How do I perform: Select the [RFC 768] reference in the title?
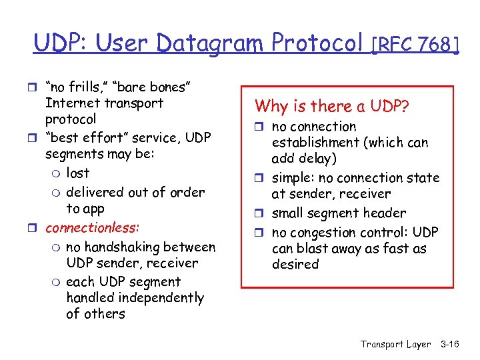(415, 45)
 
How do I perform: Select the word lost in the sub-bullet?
(78, 173)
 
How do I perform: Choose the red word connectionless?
(92, 227)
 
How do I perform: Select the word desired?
(295, 265)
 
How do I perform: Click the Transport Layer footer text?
(395, 344)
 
